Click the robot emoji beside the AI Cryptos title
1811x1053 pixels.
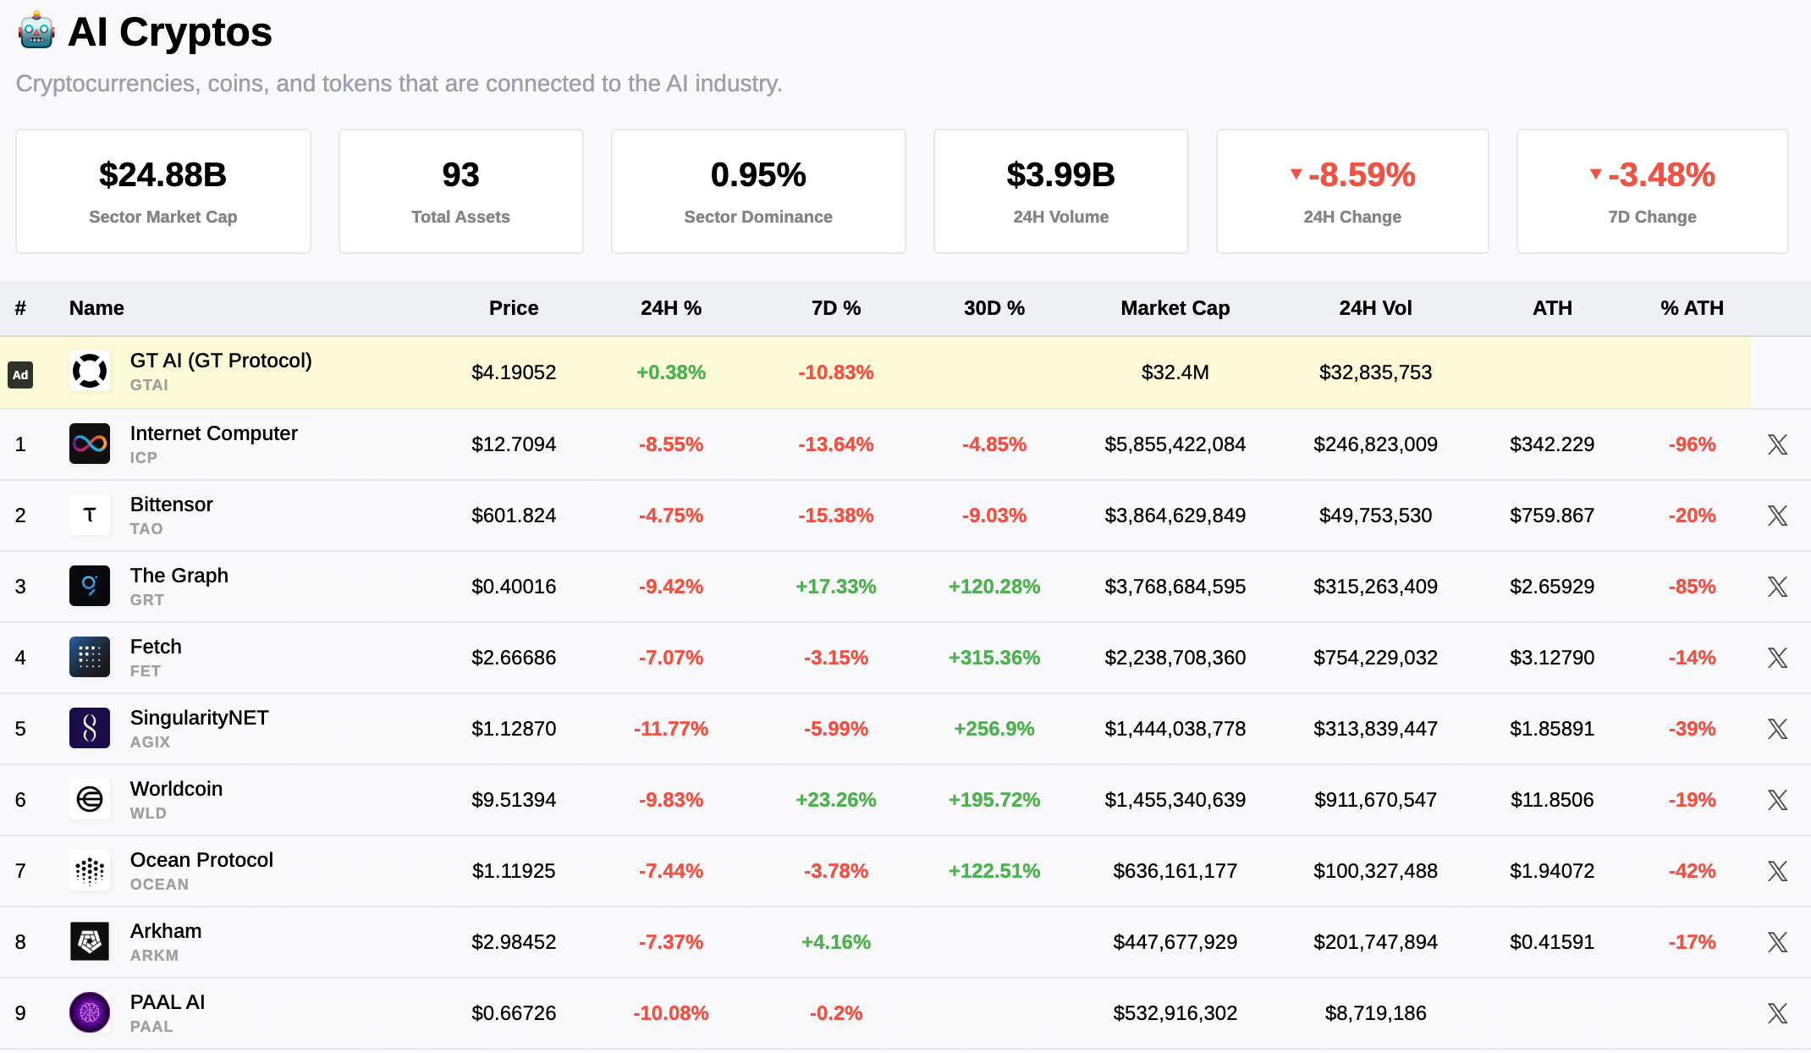point(36,32)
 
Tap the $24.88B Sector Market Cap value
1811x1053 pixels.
point(162,175)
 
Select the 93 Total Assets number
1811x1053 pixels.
point(460,175)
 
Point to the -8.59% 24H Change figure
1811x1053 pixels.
point(1361,175)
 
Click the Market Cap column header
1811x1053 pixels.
point(1175,308)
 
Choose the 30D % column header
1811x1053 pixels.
point(994,308)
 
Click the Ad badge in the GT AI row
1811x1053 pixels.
point(20,374)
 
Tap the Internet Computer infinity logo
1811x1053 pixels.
point(90,444)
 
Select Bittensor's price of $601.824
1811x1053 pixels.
point(514,515)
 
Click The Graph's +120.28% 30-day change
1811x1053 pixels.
point(994,587)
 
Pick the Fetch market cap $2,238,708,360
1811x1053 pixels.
point(1175,658)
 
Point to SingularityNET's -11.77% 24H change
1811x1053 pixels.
point(670,729)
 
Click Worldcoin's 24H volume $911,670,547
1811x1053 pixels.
point(1375,800)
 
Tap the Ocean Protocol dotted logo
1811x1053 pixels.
point(90,870)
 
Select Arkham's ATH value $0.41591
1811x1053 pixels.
point(1551,942)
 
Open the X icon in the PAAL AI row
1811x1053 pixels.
point(1777,1013)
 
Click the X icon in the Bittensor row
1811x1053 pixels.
point(1777,515)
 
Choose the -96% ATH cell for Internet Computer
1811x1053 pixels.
point(1692,444)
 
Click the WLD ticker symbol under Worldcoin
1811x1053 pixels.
point(148,813)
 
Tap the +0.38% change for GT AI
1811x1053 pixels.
point(670,372)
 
